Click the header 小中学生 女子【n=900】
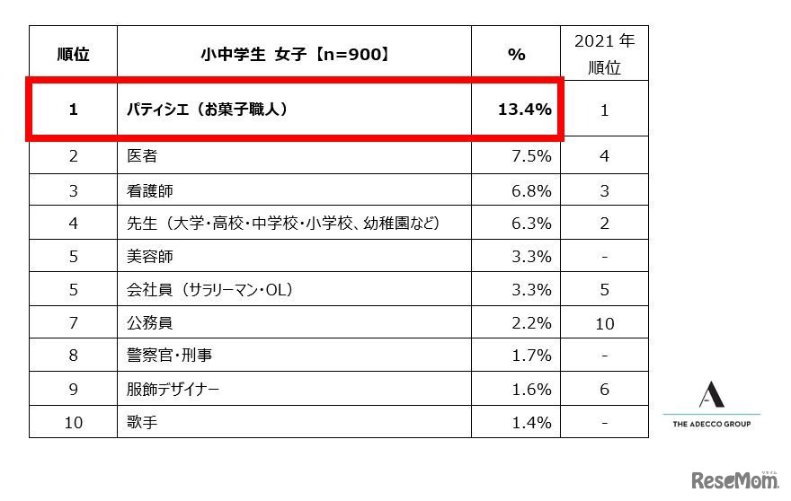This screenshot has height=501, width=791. (294, 54)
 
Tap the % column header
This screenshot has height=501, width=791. (516, 54)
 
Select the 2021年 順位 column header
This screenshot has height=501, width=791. (604, 54)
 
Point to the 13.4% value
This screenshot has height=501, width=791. (524, 110)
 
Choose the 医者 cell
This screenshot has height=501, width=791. (143, 156)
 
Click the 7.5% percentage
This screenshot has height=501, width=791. (530, 156)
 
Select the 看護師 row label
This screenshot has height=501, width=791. (150, 190)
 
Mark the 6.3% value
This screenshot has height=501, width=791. (530, 224)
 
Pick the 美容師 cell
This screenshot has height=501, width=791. (150, 257)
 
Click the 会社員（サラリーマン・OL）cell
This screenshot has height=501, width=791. (210, 290)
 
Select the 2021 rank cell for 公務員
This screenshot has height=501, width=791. (604, 323)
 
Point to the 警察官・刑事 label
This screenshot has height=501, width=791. (173, 356)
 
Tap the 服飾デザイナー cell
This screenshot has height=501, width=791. (173, 390)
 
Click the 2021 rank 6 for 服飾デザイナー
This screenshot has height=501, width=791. (604, 390)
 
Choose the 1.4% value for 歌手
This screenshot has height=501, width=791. (530, 422)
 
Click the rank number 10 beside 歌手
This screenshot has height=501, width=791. (73, 422)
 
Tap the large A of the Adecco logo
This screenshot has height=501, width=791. (711, 394)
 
